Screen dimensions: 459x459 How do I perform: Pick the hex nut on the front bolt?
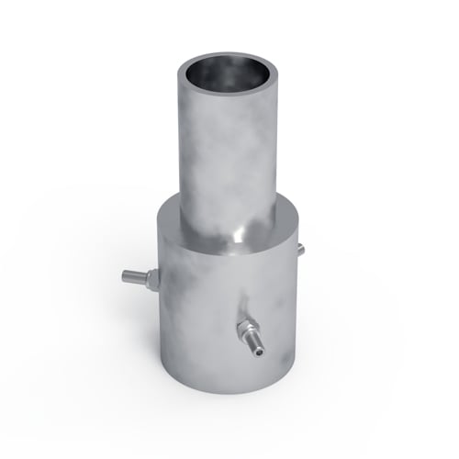point(246,329)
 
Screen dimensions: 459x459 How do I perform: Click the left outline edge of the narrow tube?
point(181,147)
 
